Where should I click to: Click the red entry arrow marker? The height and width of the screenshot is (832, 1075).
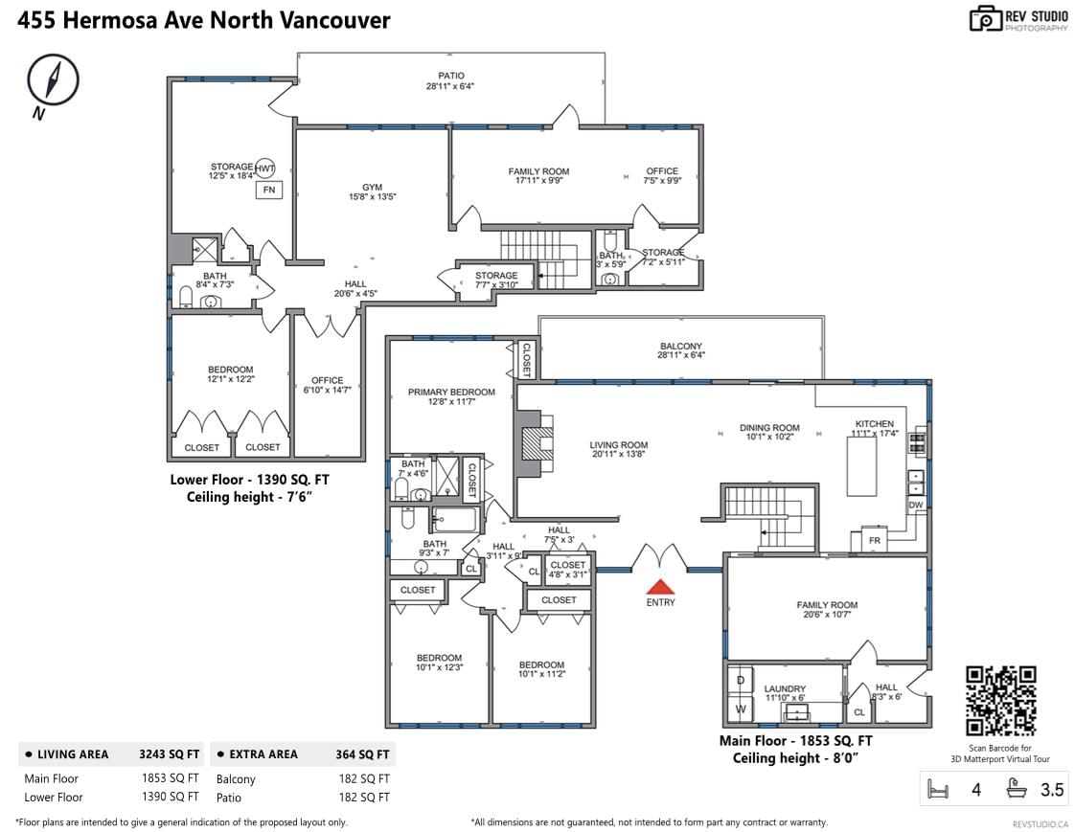point(660,586)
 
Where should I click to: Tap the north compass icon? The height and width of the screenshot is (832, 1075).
point(53,80)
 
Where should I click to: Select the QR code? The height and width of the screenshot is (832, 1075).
point(1000,701)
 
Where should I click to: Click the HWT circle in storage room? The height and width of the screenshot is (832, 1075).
point(264,168)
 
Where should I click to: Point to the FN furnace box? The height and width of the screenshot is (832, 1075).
point(268,190)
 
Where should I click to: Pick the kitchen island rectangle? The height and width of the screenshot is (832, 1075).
point(861,466)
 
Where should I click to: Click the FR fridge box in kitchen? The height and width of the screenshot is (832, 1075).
point(874,540)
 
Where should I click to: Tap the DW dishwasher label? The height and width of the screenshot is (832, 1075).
point(916,506)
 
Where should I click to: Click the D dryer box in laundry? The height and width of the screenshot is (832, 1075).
point(741,680)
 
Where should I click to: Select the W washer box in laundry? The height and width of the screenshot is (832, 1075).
point(741,708)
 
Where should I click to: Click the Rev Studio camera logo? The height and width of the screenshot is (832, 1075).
point(986,19)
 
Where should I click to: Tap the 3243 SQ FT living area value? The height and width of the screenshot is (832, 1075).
point(170,754)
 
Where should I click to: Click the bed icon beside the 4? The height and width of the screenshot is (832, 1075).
point(937,790)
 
